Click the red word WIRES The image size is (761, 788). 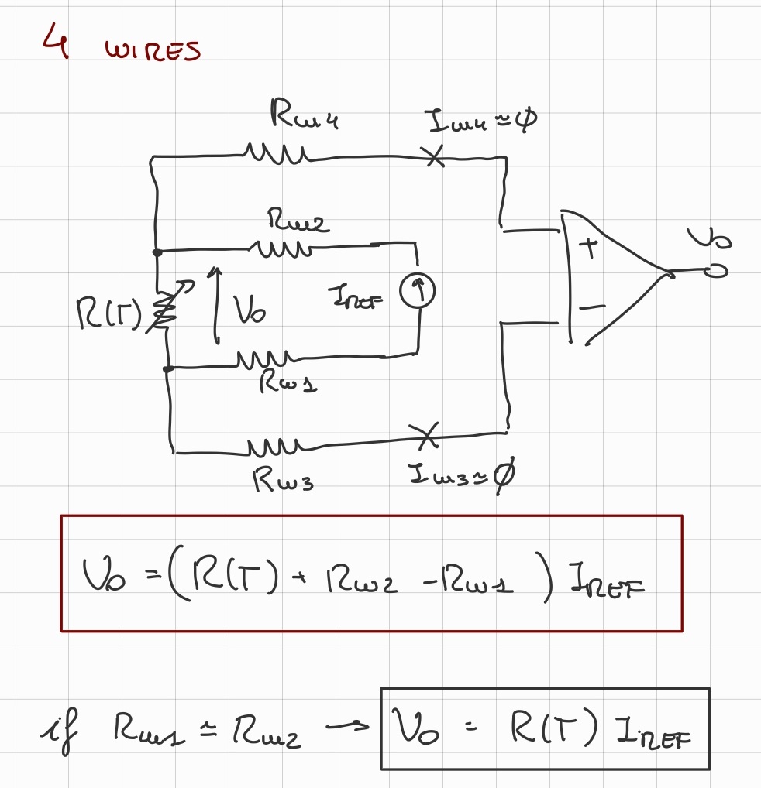(x=153, y=51)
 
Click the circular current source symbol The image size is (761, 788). (x=417, y=291)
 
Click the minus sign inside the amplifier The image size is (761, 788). (x=591, y=308)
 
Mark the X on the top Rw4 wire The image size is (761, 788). (x=436, y=157)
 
